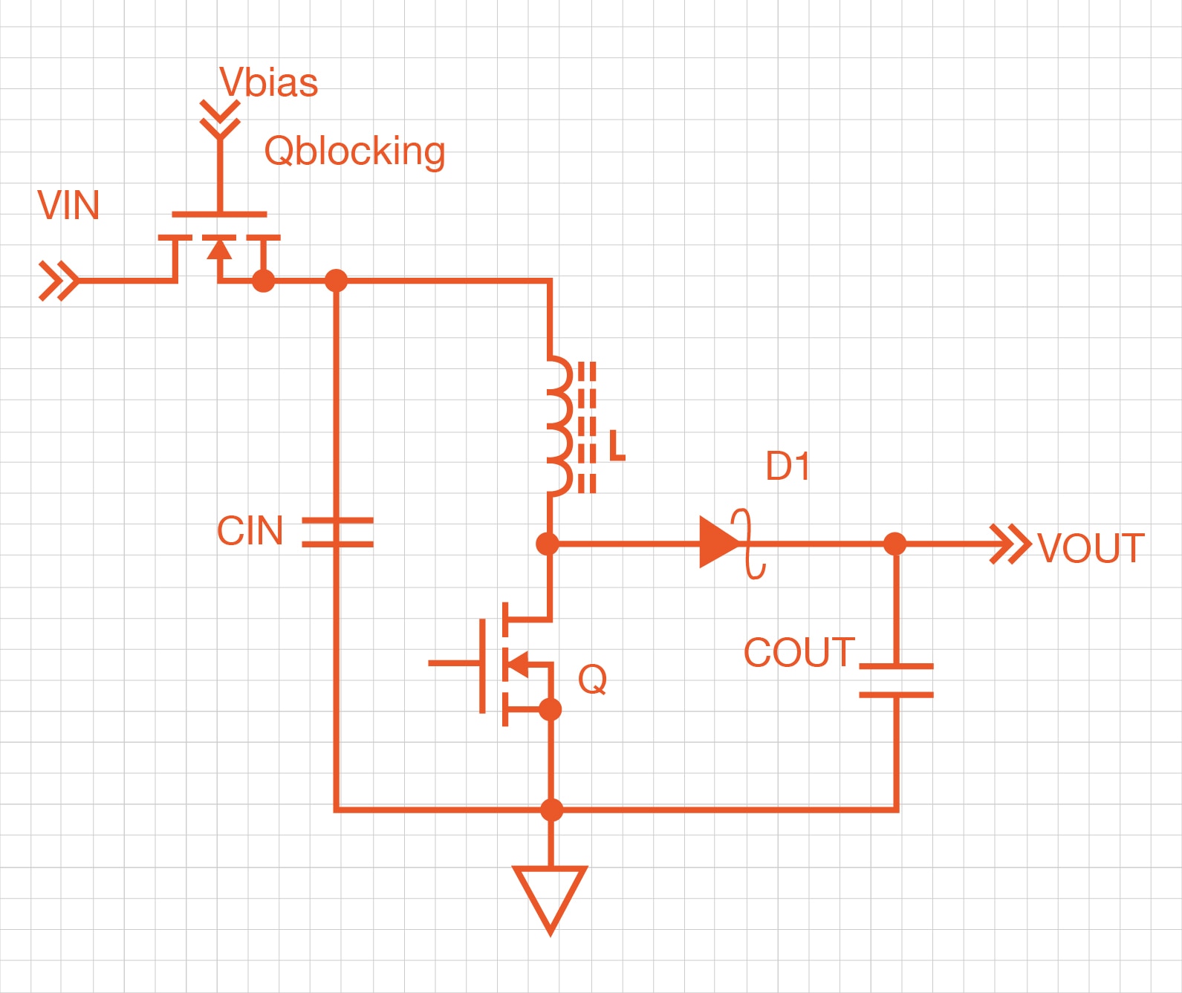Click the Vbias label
268,82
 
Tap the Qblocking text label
354,152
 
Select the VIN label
68,206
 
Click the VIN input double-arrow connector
58,281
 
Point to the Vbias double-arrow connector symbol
220,119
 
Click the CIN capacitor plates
337,533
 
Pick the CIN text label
250,531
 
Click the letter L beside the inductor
617,446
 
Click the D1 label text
788,466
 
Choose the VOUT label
1090,549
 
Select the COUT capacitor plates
896,680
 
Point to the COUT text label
799,653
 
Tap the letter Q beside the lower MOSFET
592,679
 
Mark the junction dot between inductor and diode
548,544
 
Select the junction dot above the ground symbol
551,809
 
